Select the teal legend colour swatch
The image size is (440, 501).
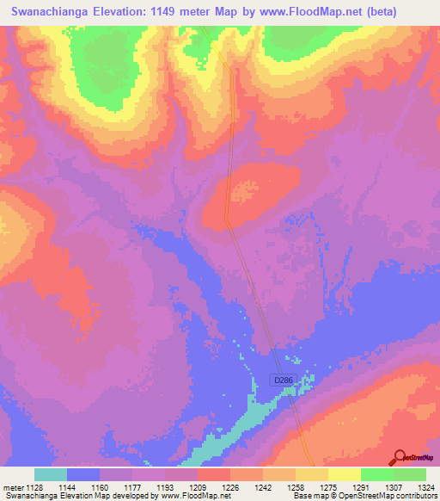point(51,474)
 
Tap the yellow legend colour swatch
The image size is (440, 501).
point(345,474)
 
